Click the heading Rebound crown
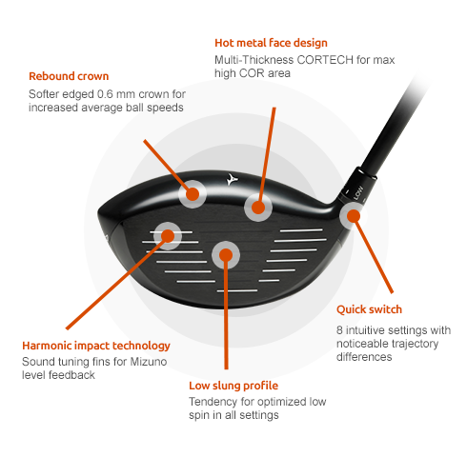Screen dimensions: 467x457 [x=69, y=76]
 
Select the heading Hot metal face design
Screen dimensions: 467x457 [x=271, y=43]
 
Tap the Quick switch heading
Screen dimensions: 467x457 [x=369, y=309]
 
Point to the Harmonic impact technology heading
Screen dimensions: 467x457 [x=96, y=346]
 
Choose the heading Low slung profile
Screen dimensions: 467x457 [x=233, y=386]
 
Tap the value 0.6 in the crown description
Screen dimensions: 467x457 [x=105, y=94]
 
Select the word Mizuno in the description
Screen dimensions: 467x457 [x=149, y=362]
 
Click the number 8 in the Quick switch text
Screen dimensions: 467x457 [x=339, y=330]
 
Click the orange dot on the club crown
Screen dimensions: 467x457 [x=193, y=194]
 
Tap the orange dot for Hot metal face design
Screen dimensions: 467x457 [x=258, y=208]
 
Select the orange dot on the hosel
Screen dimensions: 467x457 [x=354, y=216]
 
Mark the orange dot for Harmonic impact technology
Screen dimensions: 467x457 [x=168, y=236]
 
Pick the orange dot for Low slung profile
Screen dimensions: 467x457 [x=226, y=255]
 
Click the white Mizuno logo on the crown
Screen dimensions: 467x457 [x=232, y=179]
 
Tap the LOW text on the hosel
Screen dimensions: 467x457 [x=358, y=193]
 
